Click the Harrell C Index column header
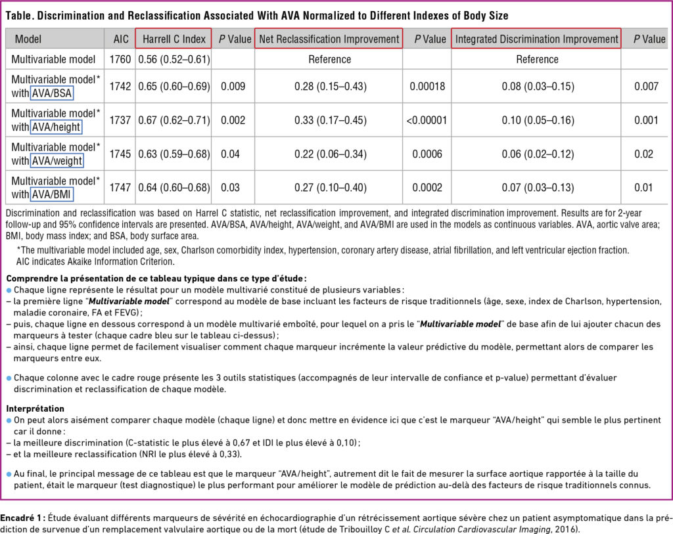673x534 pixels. [x=174, y=39]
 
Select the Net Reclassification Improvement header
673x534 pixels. [x=329, y=39]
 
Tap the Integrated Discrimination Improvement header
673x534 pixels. [x=537, y=39]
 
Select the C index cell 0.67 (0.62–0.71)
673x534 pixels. [x=174, y=120]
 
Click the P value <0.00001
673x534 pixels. [x=427, y=120]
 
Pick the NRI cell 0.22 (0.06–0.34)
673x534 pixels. [x=329, y=154]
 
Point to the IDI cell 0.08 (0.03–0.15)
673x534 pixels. [x=537, y=85]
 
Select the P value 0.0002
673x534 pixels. [x=427, y=188]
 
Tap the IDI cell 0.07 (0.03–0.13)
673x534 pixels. [x=537, y=188]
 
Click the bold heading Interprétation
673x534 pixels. [x=35, y=408]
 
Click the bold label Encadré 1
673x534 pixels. [x=22, y=515]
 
